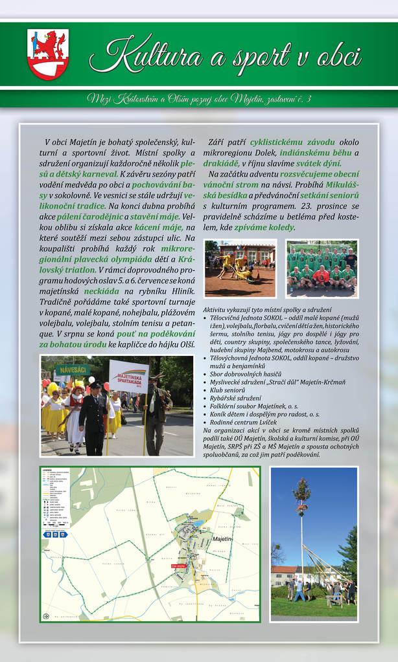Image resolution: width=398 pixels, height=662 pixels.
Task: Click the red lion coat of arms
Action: [48, 54]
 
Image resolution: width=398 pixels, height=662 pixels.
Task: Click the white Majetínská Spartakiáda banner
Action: [128, 377]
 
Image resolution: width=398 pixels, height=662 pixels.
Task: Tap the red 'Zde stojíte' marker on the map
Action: [178, 565]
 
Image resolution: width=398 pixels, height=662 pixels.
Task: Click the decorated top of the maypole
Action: [301, 492]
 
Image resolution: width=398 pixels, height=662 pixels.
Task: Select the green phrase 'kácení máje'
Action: [161, 227]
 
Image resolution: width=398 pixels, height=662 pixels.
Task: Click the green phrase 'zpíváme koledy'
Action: [265, 227]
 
